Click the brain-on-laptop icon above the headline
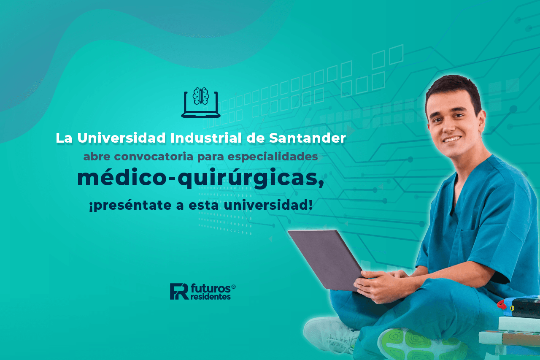coord(201,103)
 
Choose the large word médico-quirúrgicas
coord(200,179)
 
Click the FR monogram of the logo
coord(179,292)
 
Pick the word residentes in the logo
coord(211,297)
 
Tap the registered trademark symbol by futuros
coord(233,287)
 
